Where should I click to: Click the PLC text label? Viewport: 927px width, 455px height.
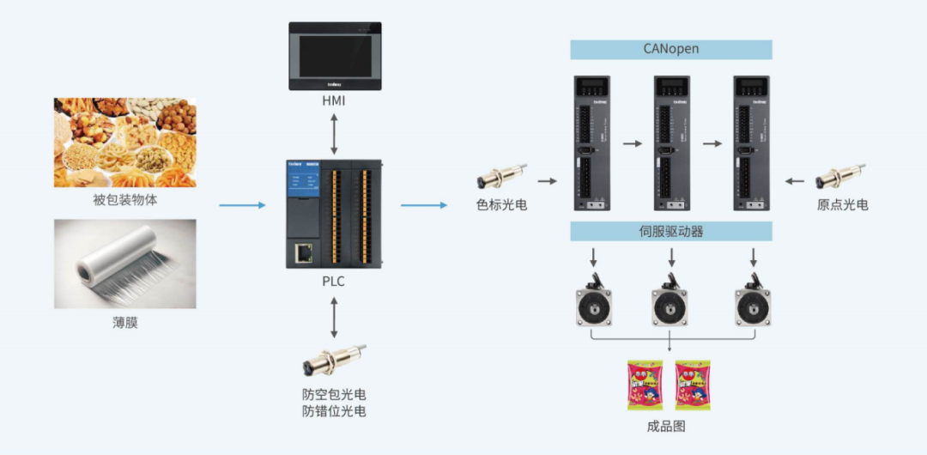(334, 281)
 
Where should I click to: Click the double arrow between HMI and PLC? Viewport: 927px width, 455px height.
(334, 134)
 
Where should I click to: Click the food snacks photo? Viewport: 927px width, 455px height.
(125, 142)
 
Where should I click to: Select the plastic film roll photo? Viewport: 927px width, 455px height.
(125, 264)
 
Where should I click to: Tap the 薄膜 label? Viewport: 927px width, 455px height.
(125, 324)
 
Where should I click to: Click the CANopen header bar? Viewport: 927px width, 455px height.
(671, 49)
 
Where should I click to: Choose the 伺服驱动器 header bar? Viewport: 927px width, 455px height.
(671, 231)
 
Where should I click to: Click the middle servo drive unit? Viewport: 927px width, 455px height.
(671, 143)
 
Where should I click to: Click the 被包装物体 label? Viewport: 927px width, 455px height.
(125, 201)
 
